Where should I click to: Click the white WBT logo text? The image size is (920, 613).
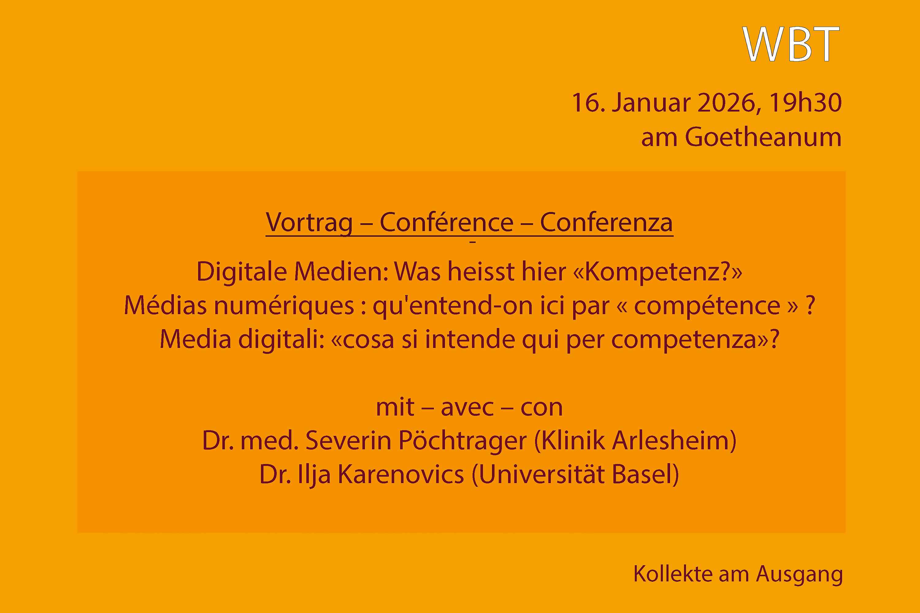point(791,44)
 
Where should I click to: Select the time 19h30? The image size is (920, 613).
point(805,102)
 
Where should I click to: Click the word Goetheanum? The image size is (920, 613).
point(763,137)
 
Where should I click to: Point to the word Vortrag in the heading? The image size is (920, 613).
point(309,223)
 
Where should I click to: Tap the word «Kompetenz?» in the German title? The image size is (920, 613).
point(657,271)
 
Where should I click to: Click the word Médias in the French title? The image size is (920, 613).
point(165,305)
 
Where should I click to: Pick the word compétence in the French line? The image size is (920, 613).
point(707,306)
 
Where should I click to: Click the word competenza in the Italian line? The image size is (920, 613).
point(684,339)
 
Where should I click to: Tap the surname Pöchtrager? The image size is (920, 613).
point(463,441)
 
